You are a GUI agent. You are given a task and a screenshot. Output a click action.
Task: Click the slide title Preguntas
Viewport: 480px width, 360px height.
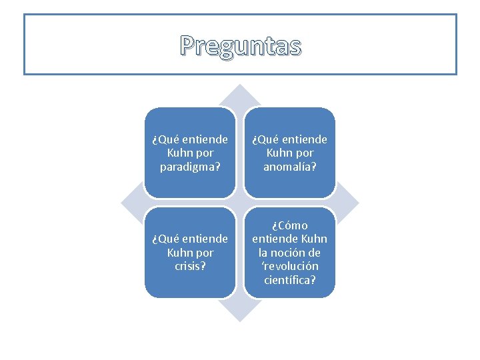240,46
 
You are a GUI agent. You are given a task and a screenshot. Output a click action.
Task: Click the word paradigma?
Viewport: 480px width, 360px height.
190,166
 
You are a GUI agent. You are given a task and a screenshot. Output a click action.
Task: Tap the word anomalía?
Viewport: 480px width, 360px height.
290,166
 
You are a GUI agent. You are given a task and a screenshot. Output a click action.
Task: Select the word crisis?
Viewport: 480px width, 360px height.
190,265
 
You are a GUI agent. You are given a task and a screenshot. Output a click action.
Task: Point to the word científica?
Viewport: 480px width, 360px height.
290,279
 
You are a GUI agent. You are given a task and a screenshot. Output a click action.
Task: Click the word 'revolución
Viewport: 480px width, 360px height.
290,265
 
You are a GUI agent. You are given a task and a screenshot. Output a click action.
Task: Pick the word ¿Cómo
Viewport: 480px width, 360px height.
290,225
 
